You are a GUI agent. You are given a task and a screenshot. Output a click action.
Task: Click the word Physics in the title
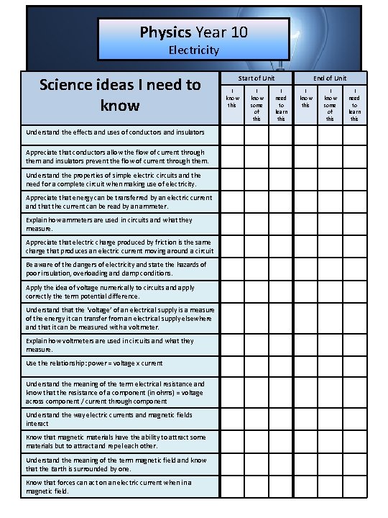(x=165, y=32)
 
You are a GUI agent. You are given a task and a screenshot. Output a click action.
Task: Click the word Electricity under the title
(x=193, y=50)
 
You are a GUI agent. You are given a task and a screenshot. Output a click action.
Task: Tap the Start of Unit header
(x=257, y=78)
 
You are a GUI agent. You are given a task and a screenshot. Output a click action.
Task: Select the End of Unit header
(x=330, y=78)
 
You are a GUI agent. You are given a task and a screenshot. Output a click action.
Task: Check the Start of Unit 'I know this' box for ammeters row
(x=233, y=224)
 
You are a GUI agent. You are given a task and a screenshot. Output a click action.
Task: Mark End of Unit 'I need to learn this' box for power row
(x=354, y=363)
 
